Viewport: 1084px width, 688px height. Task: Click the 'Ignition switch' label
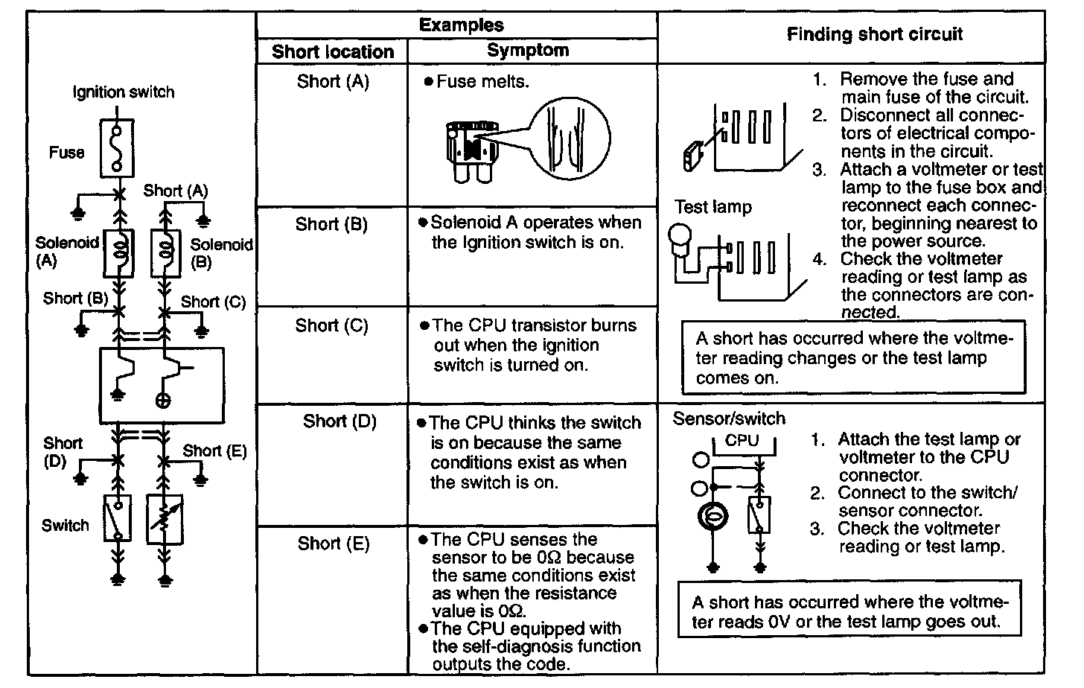point(124,92)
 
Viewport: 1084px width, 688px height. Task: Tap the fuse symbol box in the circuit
point(117,147)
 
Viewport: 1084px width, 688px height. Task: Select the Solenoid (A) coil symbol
point(118,252)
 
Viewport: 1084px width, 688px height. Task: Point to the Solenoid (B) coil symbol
point(165,252)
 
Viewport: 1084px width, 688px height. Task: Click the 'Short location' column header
point(332,51)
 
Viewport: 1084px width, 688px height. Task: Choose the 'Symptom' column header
point(527,51)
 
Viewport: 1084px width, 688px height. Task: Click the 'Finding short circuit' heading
point(874,34)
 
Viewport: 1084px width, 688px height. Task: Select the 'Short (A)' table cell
point(332,81)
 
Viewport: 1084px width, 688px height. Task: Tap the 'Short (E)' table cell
point(333,544)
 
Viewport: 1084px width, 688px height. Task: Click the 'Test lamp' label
point(712,207)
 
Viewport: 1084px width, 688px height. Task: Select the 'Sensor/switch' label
point(728,418)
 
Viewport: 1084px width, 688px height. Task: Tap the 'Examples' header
point(461,25)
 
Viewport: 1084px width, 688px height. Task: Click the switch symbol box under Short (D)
point(117,517)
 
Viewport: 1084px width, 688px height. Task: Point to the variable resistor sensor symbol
point(165,519)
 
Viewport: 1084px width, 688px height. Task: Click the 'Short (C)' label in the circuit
point(213,302)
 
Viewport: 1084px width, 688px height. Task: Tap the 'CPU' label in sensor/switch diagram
point(742,440)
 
